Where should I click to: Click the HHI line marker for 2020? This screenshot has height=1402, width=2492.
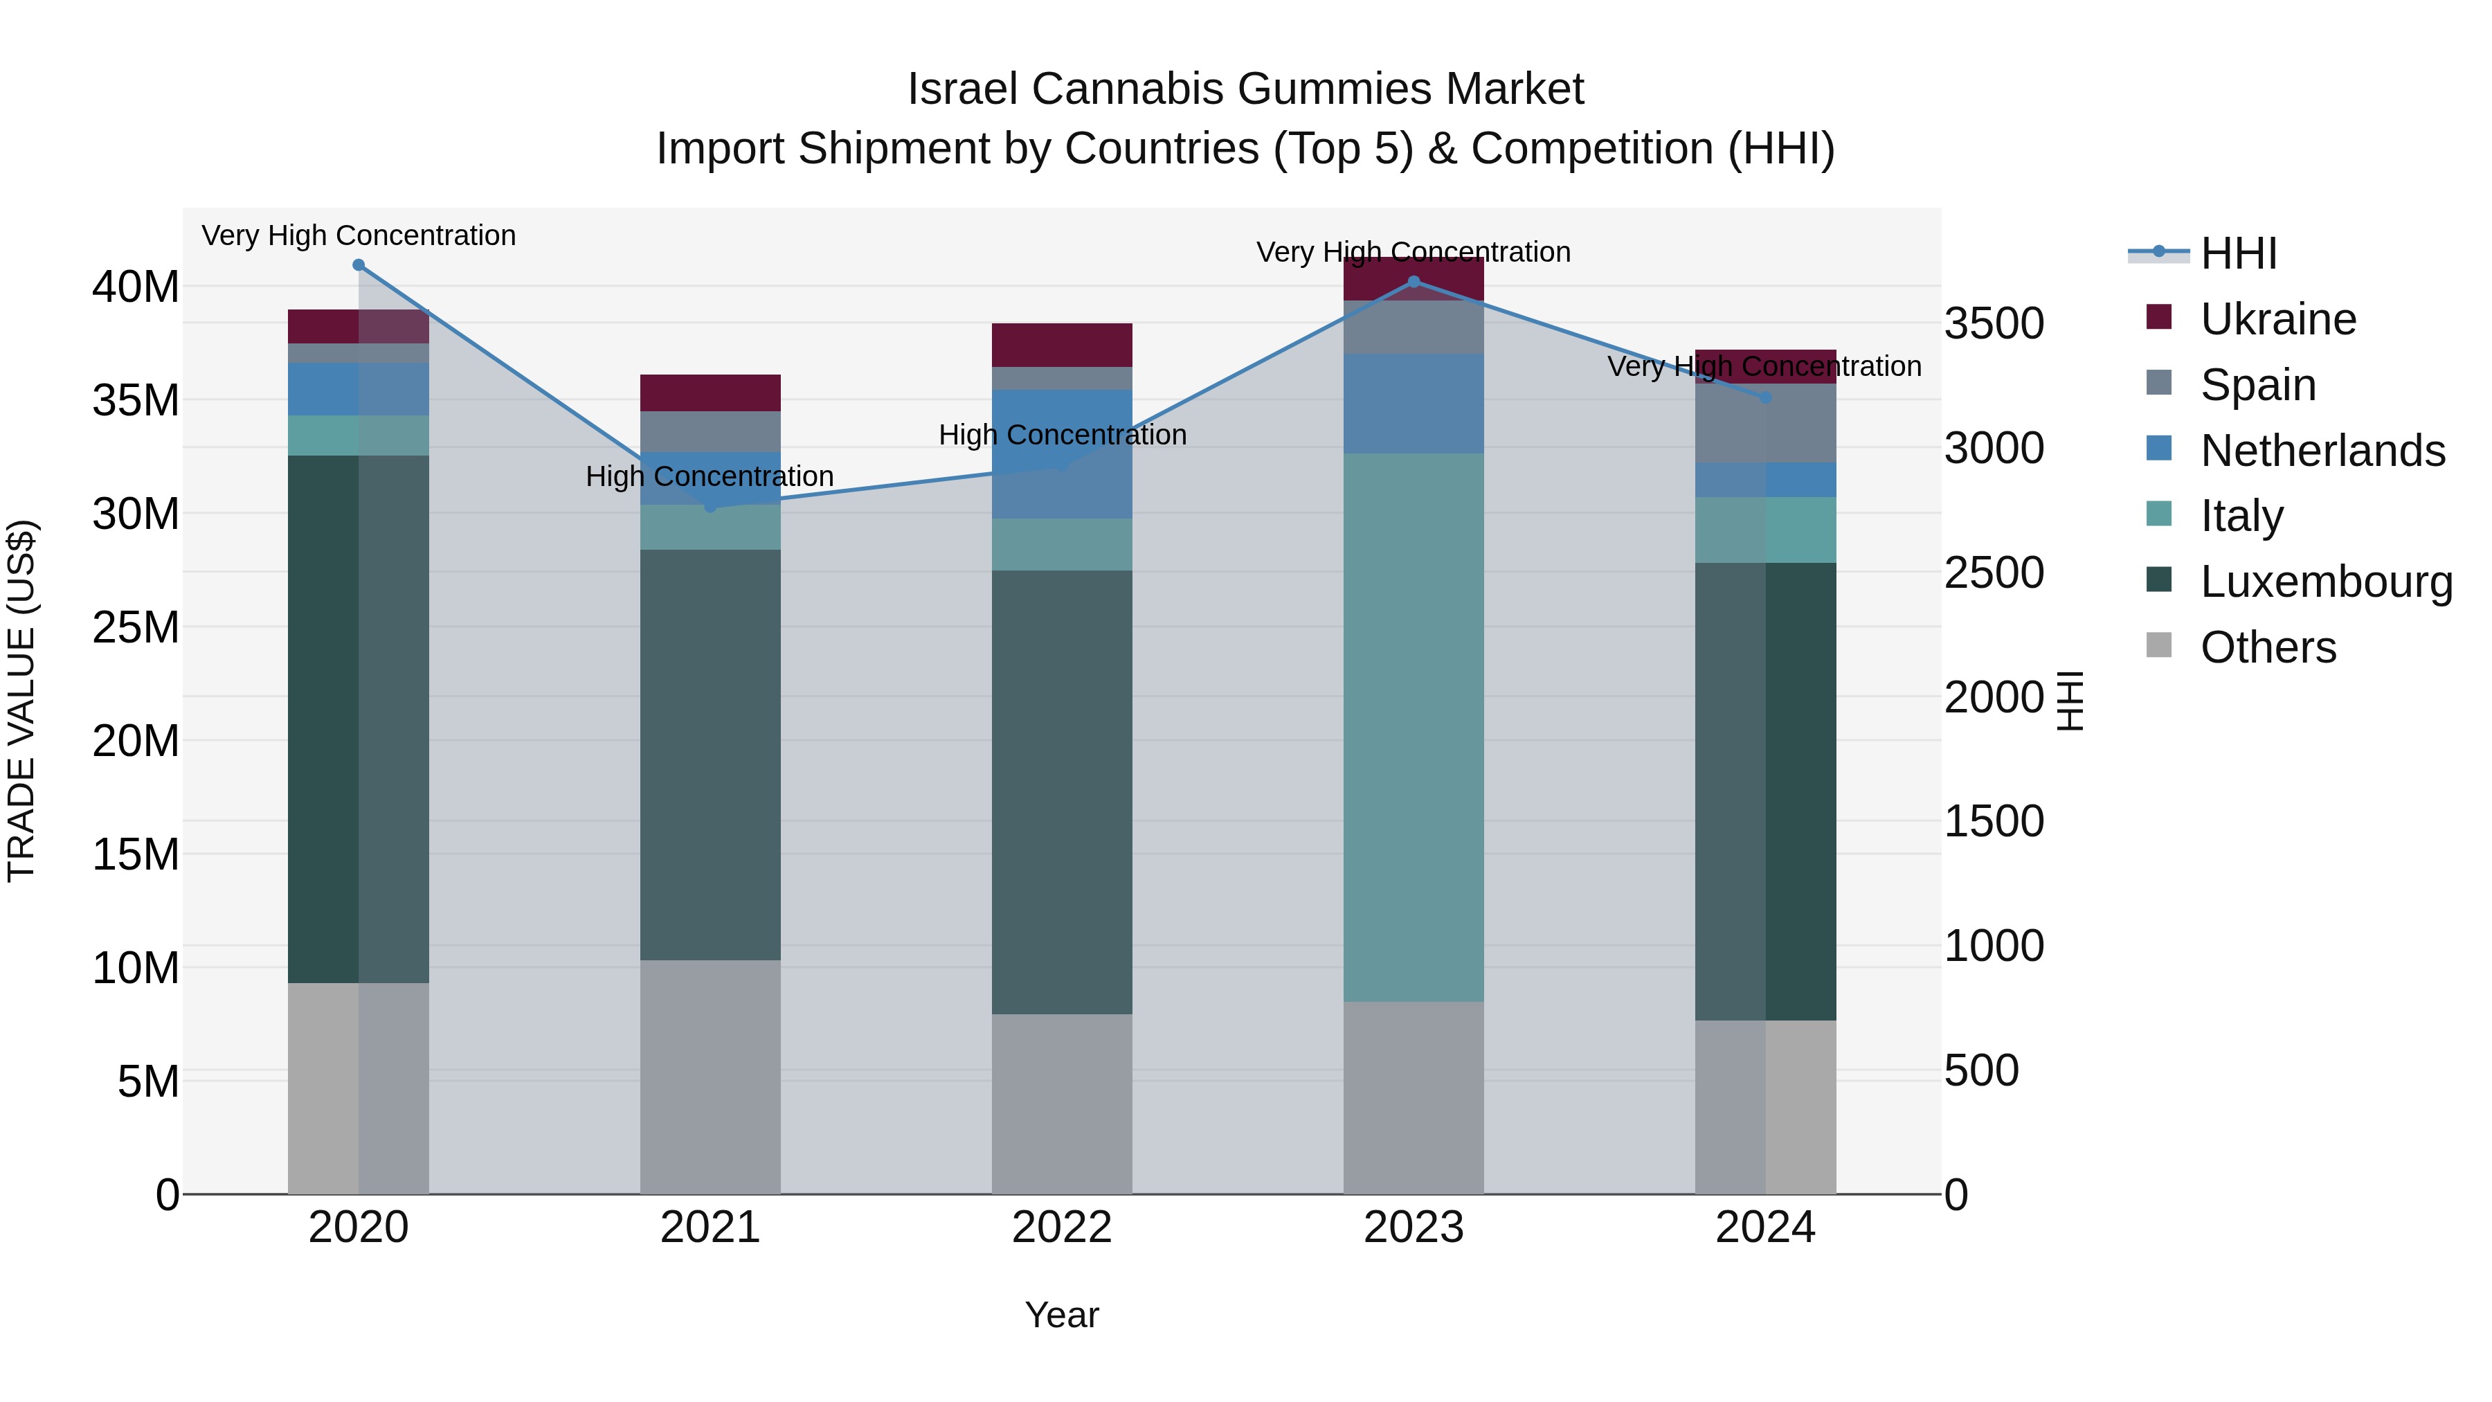(x=358, y=265)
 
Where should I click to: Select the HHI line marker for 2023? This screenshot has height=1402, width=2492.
(x=1414, y=282)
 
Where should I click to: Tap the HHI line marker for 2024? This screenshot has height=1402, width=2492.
(x=1765, y=397)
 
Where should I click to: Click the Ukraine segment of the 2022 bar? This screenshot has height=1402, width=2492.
(x=1061, y=345)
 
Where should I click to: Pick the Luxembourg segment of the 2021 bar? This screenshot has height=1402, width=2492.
(x=710, y=755)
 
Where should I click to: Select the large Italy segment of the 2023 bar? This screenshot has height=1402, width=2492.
(x=1414, y=726)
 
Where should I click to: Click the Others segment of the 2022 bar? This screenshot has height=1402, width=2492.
(x=1061, y=1103)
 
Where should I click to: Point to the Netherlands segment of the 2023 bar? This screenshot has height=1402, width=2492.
(x=1414, y=404)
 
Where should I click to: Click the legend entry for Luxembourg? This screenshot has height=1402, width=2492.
(x=2326, y=582)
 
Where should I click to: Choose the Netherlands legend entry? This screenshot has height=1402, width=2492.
(x=2322, y=451)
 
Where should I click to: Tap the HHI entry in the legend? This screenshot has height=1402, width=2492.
(x=2237, y=253)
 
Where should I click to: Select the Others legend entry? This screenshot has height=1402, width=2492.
(x=2268, y=647)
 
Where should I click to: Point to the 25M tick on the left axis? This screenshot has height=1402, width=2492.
(x=136, y=627)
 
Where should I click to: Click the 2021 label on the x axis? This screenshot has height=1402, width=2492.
(x=710, y=1228)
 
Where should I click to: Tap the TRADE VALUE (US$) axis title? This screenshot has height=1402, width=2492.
(x=21, y=701)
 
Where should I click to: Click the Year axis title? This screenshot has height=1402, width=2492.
(x=1061, y=1315)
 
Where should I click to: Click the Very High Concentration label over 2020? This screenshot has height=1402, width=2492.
(x=358, y=235)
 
